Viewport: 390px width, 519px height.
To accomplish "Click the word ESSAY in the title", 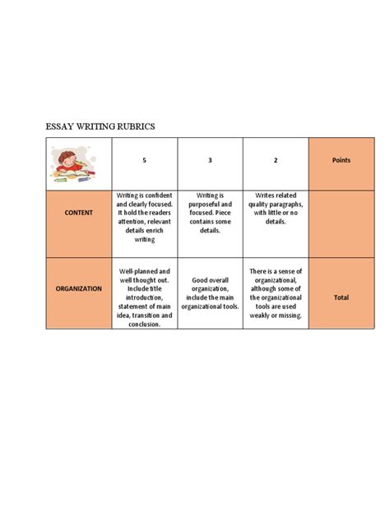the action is pyautogui.click(x=60, y=126).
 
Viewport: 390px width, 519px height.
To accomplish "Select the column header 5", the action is pyautogui.click(x=144, y=160).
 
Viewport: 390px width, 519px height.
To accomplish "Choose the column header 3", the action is pyautogui.click(x=210, y=160).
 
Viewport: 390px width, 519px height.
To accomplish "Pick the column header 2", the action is pyautogui.click(x=275, y=160).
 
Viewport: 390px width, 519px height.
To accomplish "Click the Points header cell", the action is pyautogui.click(x=341, y=160).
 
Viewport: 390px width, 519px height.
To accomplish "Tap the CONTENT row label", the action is pyautogui.click(x=79, y=213).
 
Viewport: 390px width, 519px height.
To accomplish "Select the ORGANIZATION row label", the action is pyautogui.click(x=79, y=288).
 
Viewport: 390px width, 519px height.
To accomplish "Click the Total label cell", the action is pyautogui.click(x=341, y=297).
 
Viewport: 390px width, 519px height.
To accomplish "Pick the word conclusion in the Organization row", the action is pyautogui.click(x=144, y=324).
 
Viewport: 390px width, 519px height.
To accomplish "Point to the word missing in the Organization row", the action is pyautogui.click(x=291, y=315).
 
